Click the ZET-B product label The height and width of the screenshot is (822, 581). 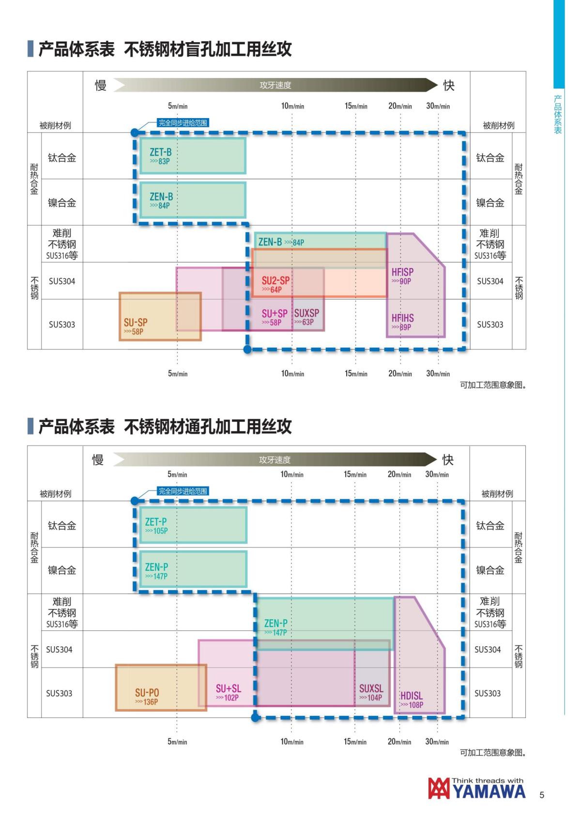click(x=161, y=152)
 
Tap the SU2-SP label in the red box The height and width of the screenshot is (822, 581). click(x=275, y=280)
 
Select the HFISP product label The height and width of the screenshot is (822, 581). click(x=402, y=272)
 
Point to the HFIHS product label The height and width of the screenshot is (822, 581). click(x=402, y=318)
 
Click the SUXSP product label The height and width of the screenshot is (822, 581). click(x=306, y=313)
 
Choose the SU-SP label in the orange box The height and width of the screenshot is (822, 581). click(x=136, y=322)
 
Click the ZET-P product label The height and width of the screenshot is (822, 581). click(x=156, y=521)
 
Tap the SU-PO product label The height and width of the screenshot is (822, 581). click(x=147, y=693)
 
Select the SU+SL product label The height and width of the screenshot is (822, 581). click(x=228, y=688)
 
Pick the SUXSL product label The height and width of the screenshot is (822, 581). click(x=371, y=688)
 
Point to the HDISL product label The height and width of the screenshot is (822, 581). click(x=411, y=696)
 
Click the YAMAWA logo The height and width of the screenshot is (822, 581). click(x=476, y=789)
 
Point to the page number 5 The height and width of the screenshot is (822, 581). click(x=542, y=795)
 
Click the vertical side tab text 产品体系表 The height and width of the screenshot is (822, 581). click(x=558, y=115)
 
